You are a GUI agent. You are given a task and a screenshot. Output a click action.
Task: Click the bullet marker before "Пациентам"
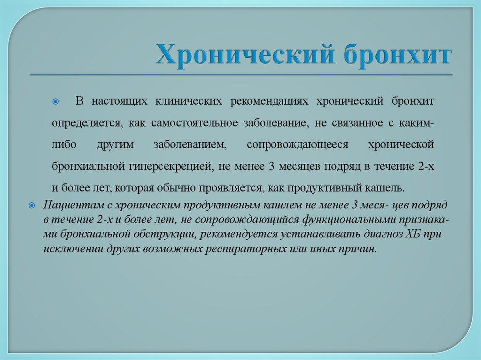32,206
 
